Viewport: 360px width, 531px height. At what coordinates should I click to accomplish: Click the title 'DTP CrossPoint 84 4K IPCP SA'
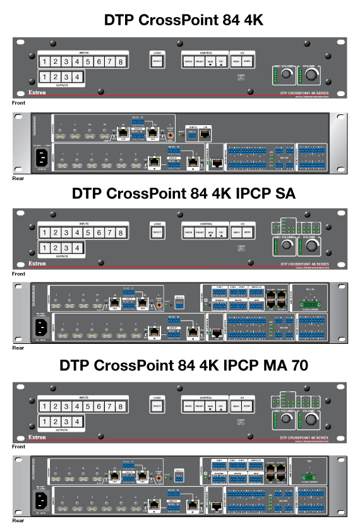183,192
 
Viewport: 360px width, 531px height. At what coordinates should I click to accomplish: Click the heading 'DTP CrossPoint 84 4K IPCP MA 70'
183,365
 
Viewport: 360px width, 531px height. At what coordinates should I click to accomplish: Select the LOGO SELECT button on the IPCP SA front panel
157,233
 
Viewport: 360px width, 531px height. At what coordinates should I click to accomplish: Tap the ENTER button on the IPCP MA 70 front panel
188,405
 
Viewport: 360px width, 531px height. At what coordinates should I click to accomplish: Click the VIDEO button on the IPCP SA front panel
236,233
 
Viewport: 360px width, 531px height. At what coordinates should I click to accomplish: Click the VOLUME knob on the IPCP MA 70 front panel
311,420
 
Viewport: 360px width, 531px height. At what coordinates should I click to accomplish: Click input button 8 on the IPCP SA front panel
120,233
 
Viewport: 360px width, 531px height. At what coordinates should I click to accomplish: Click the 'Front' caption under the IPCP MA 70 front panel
18,446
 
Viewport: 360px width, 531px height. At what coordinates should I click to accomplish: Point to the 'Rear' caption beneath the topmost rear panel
18,179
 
